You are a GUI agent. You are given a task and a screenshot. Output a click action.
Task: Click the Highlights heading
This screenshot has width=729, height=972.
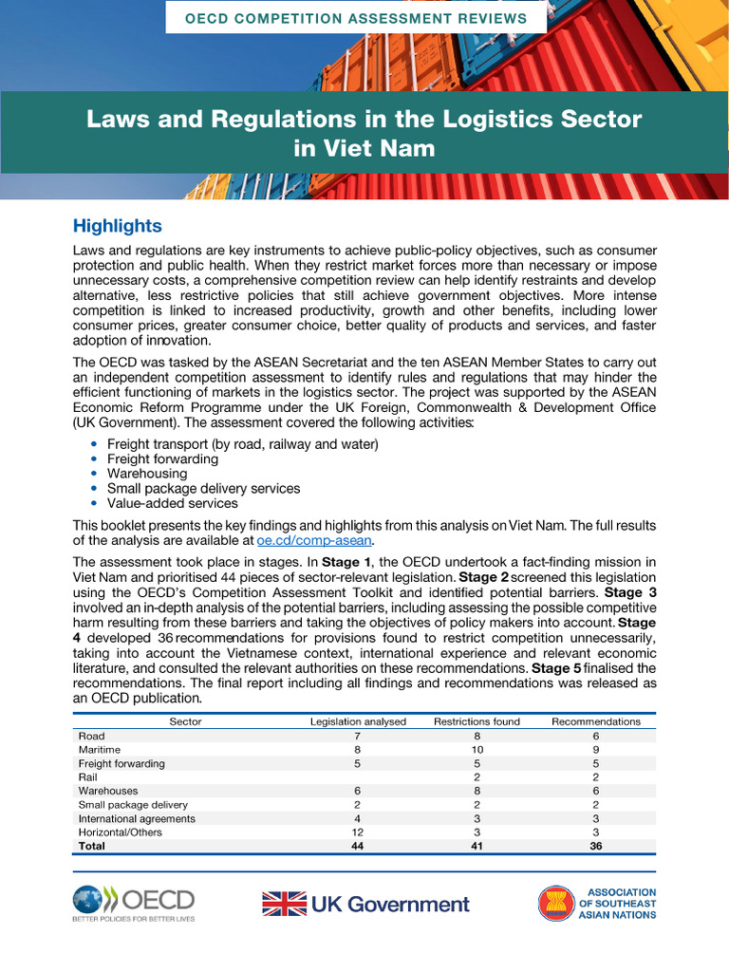[x=117, y=226]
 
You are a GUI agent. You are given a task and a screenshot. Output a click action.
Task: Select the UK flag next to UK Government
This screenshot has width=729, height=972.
[x=284, y=904]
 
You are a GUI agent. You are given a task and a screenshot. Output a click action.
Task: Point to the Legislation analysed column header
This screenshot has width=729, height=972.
[x=358, y=721]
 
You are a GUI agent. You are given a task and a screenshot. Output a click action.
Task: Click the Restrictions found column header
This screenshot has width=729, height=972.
[x=477, y=721]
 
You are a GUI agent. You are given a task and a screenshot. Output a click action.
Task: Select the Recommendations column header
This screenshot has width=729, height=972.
[x=595, y=721]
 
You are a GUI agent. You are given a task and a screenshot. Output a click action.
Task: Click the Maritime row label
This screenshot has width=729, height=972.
[x=99, y=750]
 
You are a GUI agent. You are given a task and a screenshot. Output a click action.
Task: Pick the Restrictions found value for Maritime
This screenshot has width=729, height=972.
[x=477, y=750]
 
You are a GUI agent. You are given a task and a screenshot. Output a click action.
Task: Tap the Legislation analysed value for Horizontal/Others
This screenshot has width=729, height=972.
[x=358, y=832]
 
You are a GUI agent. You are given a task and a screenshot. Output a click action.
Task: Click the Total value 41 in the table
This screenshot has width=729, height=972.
[x=477, y=846]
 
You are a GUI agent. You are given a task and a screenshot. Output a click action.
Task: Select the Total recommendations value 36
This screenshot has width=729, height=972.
[x=595, y=846]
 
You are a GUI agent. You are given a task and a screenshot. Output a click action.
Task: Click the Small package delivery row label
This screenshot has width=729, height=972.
[x=133, y=805]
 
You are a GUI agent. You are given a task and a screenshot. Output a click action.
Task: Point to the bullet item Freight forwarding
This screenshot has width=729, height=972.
[x=162, y=458]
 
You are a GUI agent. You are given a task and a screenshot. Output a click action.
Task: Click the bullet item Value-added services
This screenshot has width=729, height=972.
[x=172, y=503]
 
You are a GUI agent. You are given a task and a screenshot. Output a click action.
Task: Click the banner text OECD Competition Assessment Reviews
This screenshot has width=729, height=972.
[x=355, y=18]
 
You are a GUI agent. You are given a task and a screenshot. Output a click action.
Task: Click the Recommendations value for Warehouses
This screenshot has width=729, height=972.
[x=595, y=791]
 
